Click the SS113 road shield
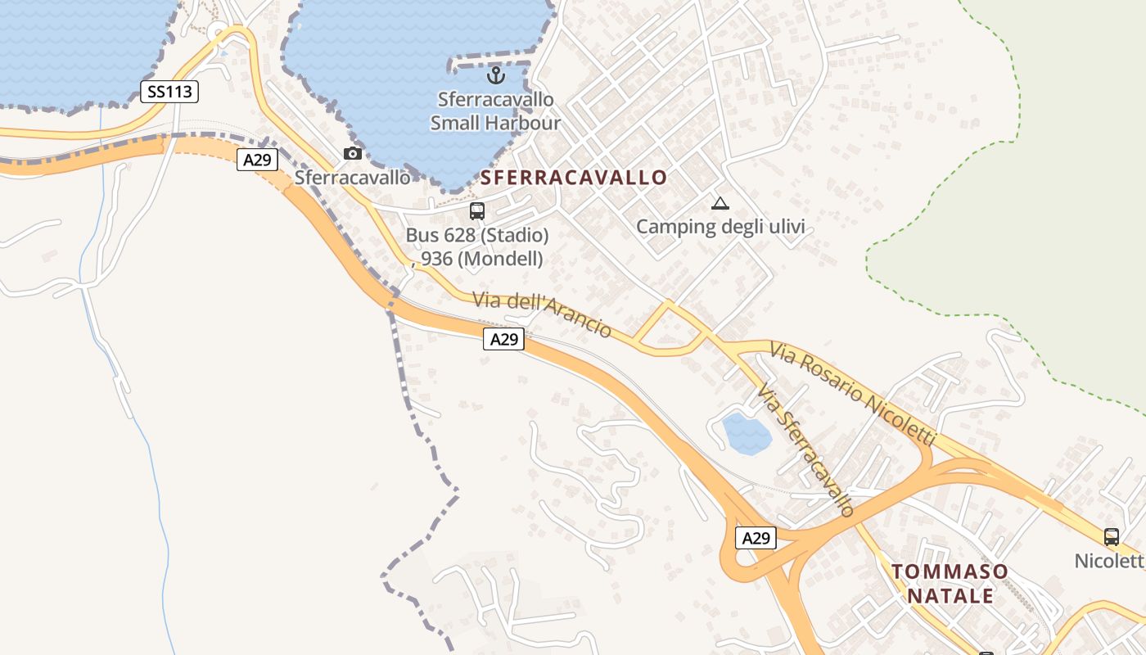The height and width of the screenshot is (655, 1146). (x=169, y=91)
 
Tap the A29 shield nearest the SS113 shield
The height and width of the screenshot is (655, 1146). (x=257, y=160)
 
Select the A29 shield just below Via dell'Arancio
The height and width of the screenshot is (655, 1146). (x=503, y=338)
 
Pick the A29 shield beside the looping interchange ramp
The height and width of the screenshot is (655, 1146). (x=756, y=538)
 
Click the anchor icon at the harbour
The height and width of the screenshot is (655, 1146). (x=495, y=76)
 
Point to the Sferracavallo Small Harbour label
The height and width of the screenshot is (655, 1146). (x=495, y=111)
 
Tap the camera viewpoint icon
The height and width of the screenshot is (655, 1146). (x=353, y=153)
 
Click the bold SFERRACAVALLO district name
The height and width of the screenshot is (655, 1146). (x=574, y=178)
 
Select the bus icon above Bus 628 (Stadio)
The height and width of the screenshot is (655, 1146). (x=477, y=210)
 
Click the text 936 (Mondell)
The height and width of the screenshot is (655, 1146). (x=481, y=259)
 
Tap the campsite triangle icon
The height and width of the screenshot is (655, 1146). (x=720, y=203)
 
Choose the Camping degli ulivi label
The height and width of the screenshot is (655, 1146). (x=720, y=227)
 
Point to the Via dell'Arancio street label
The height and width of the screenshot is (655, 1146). (x=542, y=314)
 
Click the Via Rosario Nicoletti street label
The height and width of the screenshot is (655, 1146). (x=852, y=394)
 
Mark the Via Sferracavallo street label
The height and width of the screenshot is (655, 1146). (x=805, y=450)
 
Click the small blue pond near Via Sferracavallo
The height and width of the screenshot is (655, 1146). (x=746, y=434)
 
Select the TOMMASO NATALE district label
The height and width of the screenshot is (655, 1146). (x=950, y=583)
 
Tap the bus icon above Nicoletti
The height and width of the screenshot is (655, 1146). (x=1112, y=537)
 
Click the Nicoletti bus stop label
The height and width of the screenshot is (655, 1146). (x=1110, y=561)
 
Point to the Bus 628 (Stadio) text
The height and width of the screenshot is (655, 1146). (x=477, y=236)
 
